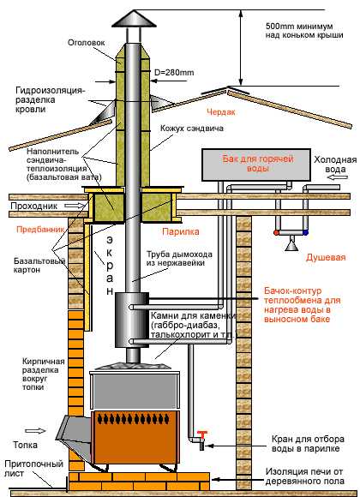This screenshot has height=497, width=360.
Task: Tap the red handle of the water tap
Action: point(201,434)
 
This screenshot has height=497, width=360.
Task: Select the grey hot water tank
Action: point(256,165)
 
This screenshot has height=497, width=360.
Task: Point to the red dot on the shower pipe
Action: point(276,233)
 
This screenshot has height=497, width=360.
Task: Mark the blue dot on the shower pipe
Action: point(305,233)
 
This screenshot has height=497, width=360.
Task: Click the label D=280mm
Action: point(174,73)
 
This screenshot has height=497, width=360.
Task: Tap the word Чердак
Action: point(221,112)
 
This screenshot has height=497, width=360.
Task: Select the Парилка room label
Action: point(181,231)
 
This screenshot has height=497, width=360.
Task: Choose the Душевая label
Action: point(326,257)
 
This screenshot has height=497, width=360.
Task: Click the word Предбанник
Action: point(40,229)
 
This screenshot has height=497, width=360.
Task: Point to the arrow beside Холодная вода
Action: point(337,178)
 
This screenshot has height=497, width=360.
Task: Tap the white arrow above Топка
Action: point(35,431)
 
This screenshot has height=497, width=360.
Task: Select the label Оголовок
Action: point(86,43)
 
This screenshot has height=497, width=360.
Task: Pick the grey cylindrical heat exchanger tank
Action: point(132,320)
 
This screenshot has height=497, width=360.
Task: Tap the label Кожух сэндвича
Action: point(192,129)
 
